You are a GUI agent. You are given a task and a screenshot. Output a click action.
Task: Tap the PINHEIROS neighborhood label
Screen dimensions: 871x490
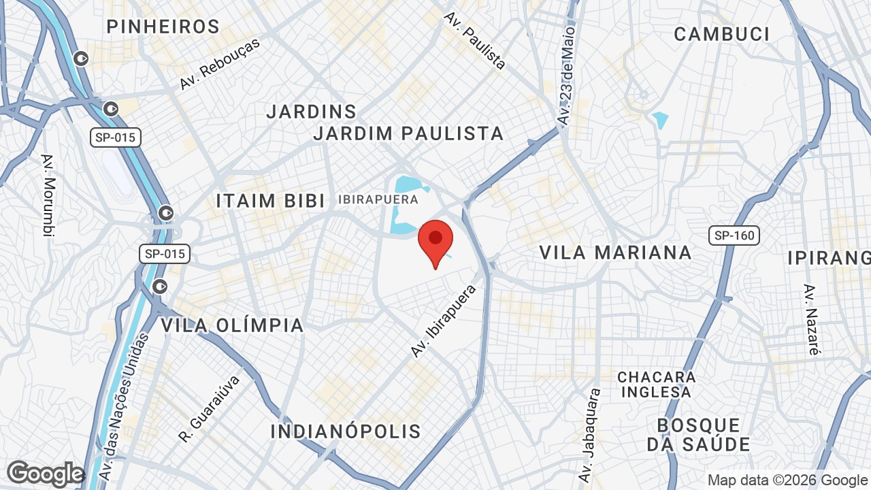[163, 27]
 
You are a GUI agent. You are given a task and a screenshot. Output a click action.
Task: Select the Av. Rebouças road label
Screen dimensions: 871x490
[220, 64]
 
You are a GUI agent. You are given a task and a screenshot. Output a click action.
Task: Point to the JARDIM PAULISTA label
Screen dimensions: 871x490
[408, 133]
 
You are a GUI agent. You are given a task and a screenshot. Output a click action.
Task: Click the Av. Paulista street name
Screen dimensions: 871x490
[475, 41]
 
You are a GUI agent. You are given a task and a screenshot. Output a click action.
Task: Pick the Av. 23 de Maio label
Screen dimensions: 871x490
[566, 75]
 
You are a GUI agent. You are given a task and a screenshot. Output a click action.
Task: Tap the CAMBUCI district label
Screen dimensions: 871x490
[721, 34]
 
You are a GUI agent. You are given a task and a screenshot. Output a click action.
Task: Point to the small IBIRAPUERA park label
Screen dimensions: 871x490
[378, 199]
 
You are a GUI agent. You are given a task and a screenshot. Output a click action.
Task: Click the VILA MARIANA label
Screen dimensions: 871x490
[615, 252]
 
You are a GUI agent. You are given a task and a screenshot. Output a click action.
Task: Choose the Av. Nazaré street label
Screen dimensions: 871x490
[811, 320]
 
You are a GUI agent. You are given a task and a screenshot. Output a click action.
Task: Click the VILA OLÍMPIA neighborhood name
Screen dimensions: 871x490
[232, 325]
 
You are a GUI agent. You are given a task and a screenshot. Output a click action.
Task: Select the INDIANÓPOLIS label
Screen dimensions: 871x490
[346, 431]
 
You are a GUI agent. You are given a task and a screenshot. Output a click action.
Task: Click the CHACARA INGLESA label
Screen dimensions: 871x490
[657, 385]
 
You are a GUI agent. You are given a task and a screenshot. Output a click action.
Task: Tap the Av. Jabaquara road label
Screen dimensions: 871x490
[590, 436]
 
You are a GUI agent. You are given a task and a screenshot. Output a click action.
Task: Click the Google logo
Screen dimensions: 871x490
[45, 474]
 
